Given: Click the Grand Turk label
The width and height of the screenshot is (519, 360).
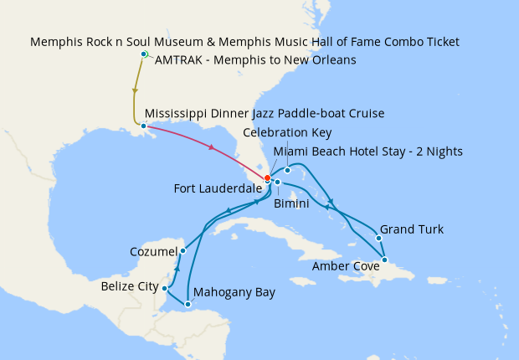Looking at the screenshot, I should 412,229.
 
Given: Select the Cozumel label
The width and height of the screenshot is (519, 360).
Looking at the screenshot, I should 153,251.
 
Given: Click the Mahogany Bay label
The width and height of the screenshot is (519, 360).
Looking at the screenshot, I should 234,293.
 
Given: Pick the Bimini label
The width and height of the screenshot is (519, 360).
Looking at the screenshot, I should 292,203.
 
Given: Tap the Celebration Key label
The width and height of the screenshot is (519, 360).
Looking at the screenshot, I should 287,132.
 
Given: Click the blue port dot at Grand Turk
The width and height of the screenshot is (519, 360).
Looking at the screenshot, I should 378,238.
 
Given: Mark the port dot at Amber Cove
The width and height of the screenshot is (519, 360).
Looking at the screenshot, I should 385,260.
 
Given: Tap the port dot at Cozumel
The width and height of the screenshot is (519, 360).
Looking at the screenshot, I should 182,250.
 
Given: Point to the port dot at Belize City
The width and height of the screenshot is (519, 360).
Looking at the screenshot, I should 165,288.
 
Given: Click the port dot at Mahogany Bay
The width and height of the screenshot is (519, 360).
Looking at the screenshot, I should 188,304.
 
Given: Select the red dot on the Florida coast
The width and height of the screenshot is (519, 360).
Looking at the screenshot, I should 267,177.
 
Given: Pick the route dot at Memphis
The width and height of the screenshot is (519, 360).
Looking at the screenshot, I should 144,54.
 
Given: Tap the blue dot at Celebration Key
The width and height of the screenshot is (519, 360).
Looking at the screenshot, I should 287,171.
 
